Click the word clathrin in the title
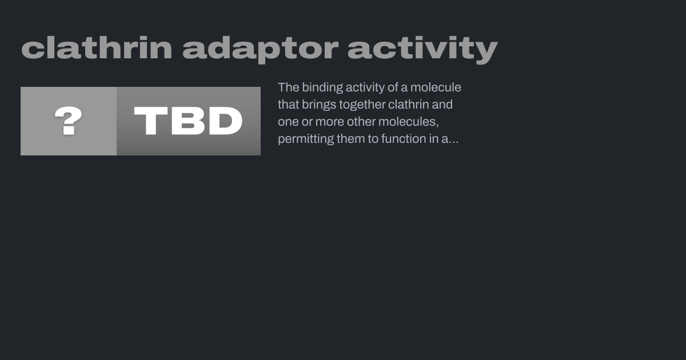tap(97, 48)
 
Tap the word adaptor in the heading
tap(261, 50)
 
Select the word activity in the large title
tap(423, 50)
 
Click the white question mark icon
tap(68, 121)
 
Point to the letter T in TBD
tap(151, 121)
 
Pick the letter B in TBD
tap(188, 121)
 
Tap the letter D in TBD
tap(226, 121)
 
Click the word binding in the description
tap(322, 88)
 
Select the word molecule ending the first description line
tap(436, 87)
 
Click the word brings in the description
tap(319, 105)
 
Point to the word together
tap(362, 105)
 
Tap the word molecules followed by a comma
tap(409, 122)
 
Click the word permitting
tap(306, 139)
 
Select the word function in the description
tap(400, 139)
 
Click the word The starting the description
tap(289, 87)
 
